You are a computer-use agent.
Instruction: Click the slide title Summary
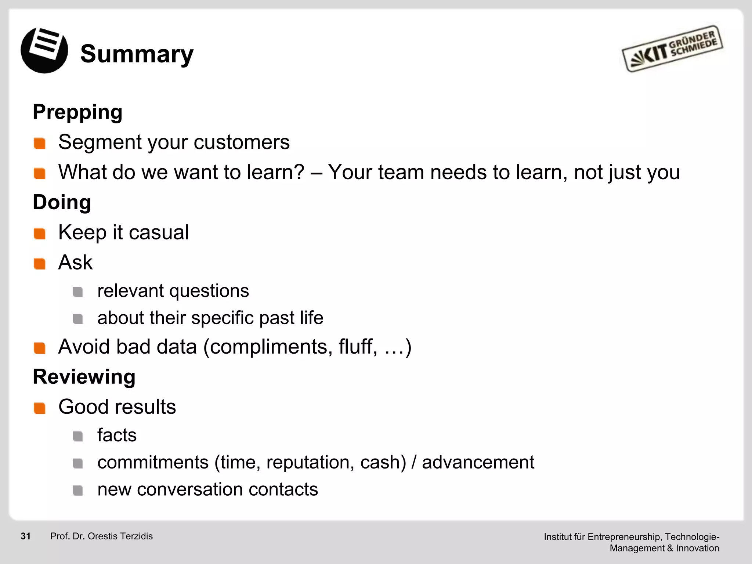click(x=137, y=54)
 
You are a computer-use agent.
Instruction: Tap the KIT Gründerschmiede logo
click(x=672, y=49)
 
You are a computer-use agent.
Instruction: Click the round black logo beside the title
click(x=44, y=50)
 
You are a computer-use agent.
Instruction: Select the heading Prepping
click(x=77, y=112)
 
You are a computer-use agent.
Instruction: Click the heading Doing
click(x=62, y=202)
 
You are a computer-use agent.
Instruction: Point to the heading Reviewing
click(x=84, y=376)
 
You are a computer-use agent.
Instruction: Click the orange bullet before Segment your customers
click(x=39, y=143)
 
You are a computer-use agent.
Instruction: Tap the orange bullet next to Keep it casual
click(x=39, y=234)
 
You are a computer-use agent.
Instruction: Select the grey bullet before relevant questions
click(x=77, y=292)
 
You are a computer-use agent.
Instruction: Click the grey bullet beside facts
click(x=77, y=436)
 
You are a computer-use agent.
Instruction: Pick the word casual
click(x=159, y=232)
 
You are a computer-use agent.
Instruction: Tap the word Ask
click(x=75, y=262)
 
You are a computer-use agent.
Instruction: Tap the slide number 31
click(x=26, y=536)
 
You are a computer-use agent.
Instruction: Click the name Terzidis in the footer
click(x=135, y=536)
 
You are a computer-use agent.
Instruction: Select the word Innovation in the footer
click(x=697, y=548)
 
